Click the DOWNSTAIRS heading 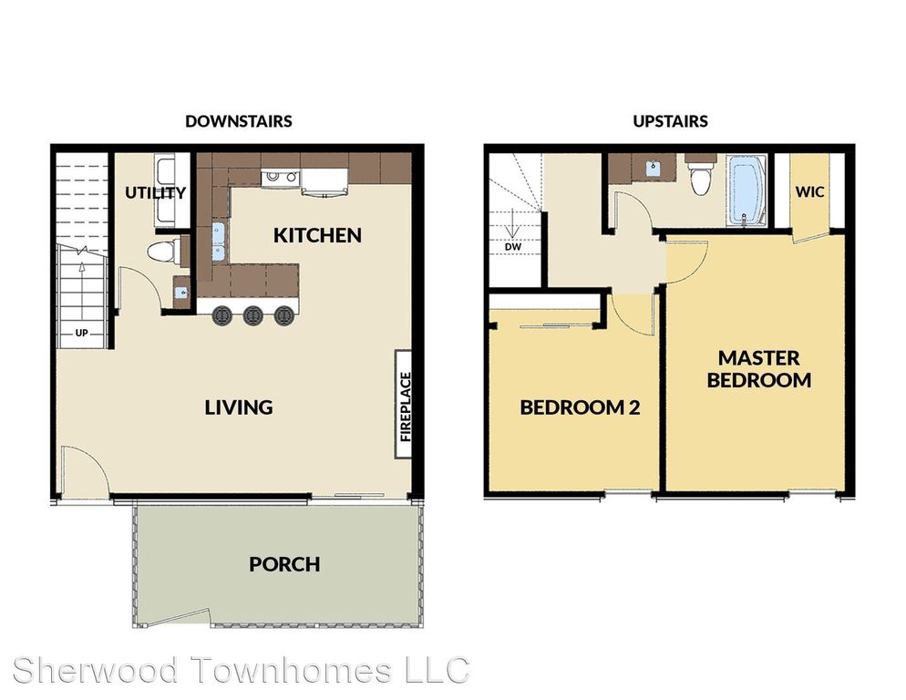point(239,121)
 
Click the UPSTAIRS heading point(670,121)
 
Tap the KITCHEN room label point(317,235)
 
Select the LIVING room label point(239,407)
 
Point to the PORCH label point(284,564)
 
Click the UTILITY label point(156,192)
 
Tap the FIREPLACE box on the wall point(404,405)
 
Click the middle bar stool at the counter point(253,315)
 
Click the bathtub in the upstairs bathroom point(746,190)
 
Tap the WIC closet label point(809,192)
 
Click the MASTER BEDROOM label point(758,369)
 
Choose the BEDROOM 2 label point(580,407)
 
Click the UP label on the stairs point(81,333)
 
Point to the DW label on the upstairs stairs point(513,247)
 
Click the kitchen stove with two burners point(280,178)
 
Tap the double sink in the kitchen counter point(219,242)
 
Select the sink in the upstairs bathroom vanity point(653,168)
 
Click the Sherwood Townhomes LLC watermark point(241,671)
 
